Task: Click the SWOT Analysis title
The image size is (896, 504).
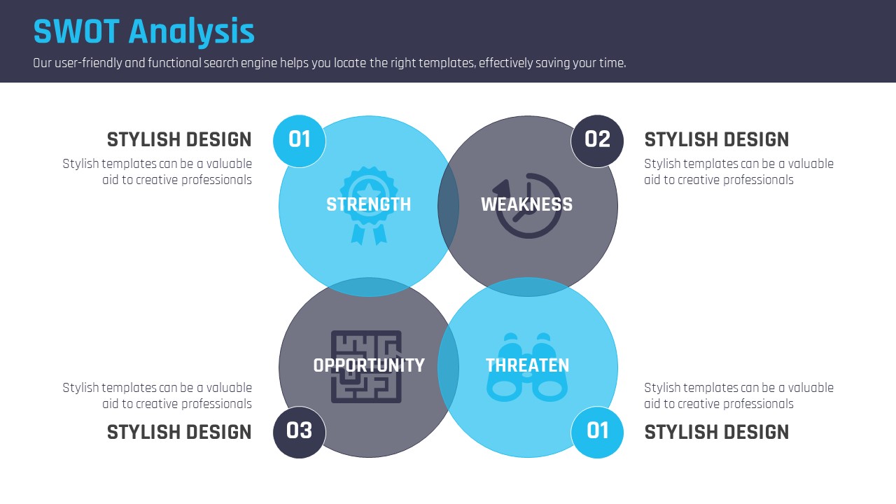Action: click(144, 31)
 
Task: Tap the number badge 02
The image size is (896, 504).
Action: click(597, 141)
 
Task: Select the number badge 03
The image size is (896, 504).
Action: click(299, 432)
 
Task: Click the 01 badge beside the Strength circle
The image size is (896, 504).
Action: click(299, 141)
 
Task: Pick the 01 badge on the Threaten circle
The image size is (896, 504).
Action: click(597, 432)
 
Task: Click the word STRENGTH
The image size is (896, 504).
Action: click(368, 204)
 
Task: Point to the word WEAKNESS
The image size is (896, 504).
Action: click(527, 204)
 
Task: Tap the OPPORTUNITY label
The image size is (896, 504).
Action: click(369, 365)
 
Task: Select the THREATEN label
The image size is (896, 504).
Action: click(527, 365)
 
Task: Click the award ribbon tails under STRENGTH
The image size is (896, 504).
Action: click(369, 234)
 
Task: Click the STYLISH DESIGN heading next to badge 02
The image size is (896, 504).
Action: click(716, 139)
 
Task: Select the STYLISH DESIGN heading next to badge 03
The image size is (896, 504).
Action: click(179, 433)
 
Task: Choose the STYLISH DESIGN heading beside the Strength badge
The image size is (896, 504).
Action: click(179, 139)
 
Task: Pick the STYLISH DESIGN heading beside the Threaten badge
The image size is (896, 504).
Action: click(716, 433)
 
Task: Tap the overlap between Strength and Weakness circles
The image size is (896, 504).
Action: click(448, 206)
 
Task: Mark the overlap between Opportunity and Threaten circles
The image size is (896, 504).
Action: click(448, 367)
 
